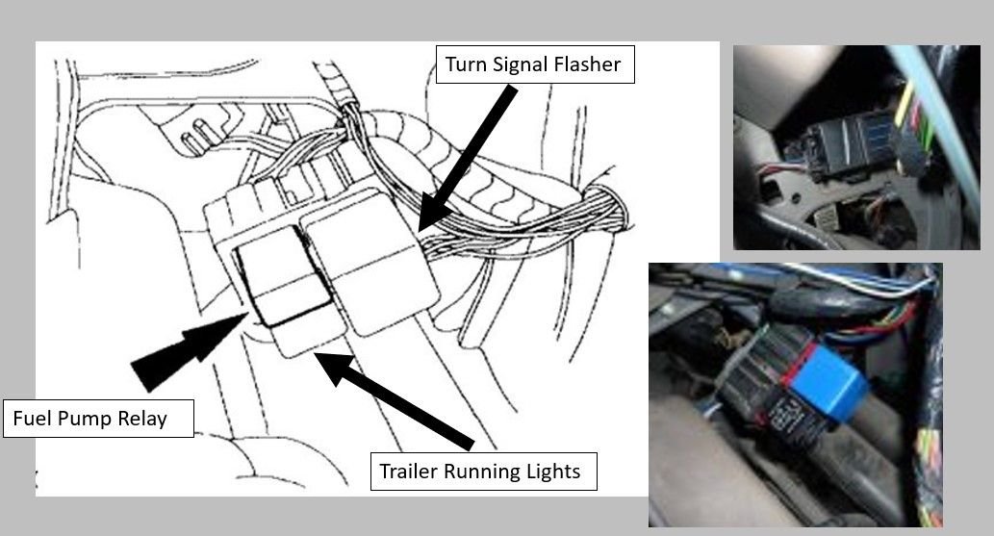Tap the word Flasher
click(x=589, y=65)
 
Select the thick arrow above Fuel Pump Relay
click(x=188, y=346)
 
